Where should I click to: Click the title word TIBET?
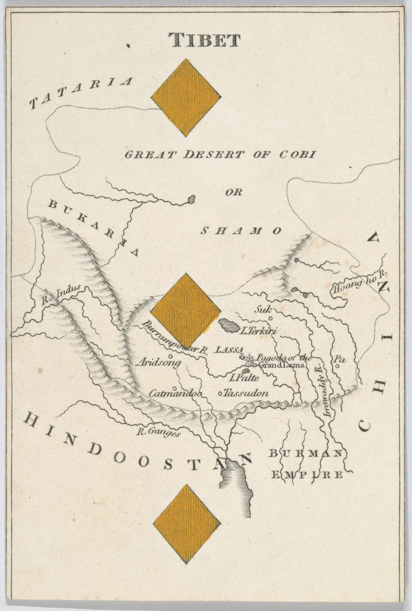(204, 40)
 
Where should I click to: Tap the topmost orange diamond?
(186, 97)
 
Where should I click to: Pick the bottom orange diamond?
(187, 523)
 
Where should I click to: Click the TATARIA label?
(81, 93)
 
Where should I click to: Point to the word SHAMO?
(240, 231)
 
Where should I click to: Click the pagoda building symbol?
(250, 358)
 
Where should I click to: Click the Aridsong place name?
(159, 362)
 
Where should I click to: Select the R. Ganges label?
(158, 433)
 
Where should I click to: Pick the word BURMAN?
(305, 453)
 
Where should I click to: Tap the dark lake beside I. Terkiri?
(228, 324)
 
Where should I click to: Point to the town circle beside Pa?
(337, 365)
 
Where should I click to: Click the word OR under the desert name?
(233, 193)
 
